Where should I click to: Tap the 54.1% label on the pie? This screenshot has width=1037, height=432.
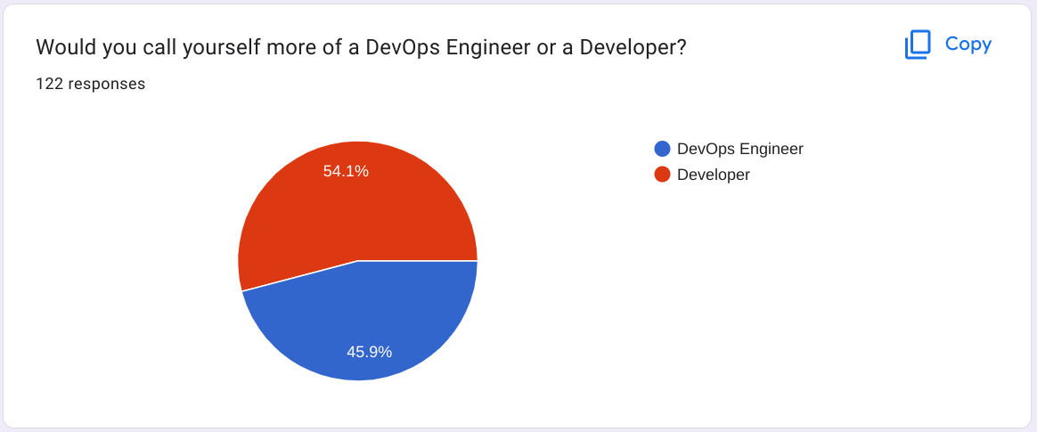pyautogui.click(x=346, y=171)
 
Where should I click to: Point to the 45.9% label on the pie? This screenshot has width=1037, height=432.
pyautogui.click(x=369, y=352)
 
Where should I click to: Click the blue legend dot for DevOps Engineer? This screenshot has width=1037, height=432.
pyautogui.click(x=662, y=150)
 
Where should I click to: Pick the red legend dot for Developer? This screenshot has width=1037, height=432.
pyautogui.click(x=662, y=175)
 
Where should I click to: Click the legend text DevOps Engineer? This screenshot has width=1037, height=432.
pyautogui.click(x=739, y=150)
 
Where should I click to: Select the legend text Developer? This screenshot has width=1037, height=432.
pyautogui.click(x=713, y=175)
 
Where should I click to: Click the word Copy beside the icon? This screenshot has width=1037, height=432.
pyautogui.click(x=968, y=44)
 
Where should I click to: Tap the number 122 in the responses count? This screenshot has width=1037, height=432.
pyautogui.click(x=49, y=85)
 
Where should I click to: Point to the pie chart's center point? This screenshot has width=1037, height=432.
pyautogui.click(x=358, y=261)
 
